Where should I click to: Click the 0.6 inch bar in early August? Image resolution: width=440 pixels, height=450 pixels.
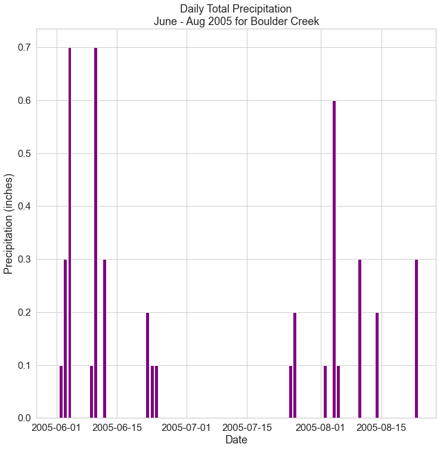tap(334, 260)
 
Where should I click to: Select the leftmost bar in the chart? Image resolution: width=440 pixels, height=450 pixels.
tap(61, 392)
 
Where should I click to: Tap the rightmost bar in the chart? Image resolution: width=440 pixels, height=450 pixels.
tap(416, 338)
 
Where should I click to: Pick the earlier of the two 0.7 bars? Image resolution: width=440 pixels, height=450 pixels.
tap(70, 233)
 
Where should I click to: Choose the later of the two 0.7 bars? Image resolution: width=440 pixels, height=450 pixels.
tap(95, 233)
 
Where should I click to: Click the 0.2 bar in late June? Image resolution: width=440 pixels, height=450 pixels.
tap(147, 365)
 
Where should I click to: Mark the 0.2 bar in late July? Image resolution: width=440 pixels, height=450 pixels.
tap(295, 365)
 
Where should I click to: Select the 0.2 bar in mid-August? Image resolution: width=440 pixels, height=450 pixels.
tap(377, 365)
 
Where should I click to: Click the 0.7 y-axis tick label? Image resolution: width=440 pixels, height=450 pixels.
tap(24, 48)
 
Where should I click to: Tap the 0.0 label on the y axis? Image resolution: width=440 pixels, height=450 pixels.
tap(24, 418)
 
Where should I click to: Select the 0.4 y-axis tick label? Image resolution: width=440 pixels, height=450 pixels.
tap(24, 206)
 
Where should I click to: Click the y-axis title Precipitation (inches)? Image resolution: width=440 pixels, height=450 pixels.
tap(8, 224)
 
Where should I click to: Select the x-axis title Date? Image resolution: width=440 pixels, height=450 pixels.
tap(236, 440)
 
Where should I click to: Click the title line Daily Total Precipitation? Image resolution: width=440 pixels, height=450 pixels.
tap(236, 9)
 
